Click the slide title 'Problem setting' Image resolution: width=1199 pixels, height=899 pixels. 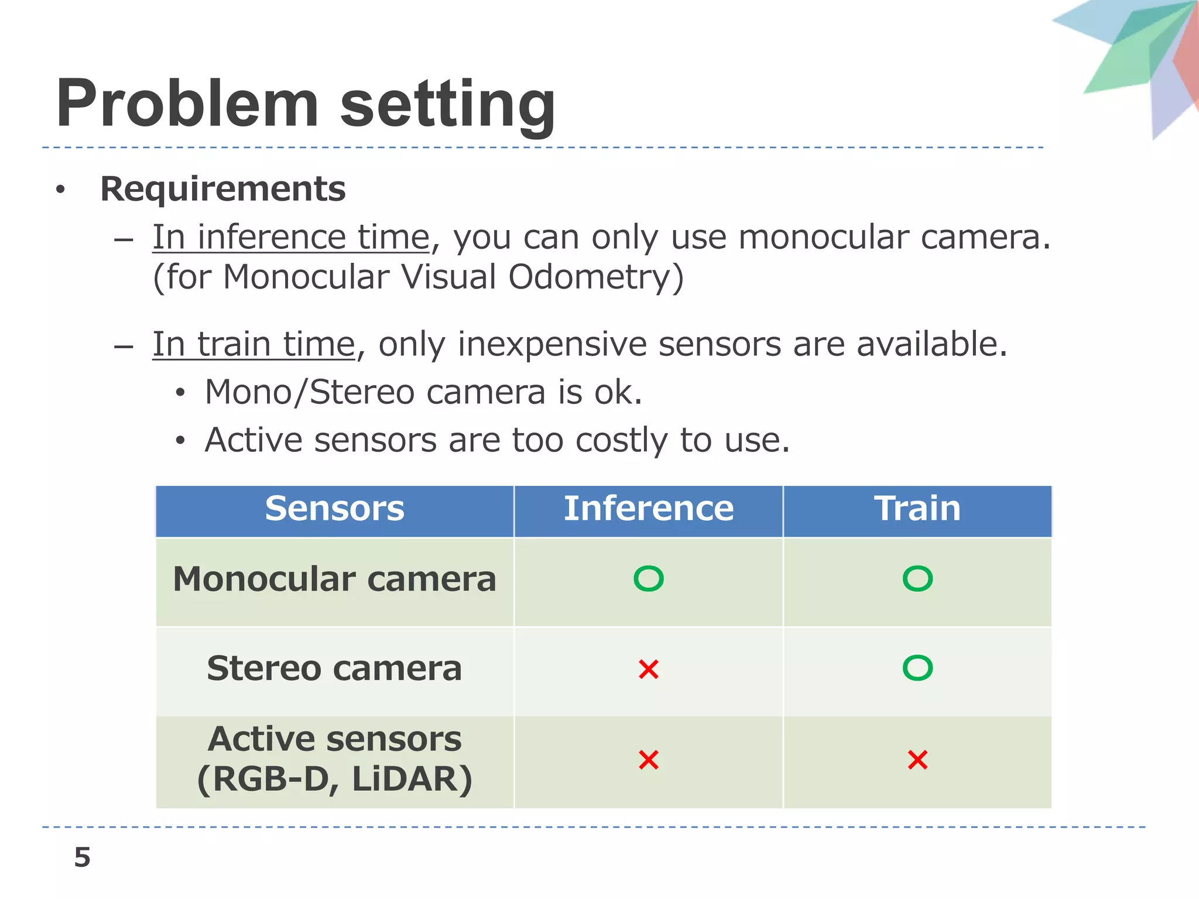pos(305,105)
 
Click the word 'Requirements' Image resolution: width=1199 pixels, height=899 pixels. pos(223,189)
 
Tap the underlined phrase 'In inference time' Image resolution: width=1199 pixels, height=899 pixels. pos(291,238)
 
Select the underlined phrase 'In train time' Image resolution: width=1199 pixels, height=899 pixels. pos(253,344)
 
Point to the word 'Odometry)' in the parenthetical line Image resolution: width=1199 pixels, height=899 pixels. pos(595,277)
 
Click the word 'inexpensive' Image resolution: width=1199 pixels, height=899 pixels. pos(551,344)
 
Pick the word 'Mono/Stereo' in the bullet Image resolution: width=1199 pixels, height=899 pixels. pos(310,392)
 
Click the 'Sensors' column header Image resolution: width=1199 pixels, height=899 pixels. pos(334,508)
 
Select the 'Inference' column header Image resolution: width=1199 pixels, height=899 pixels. pos(648,508)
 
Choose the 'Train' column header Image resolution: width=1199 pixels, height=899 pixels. pos(917,508)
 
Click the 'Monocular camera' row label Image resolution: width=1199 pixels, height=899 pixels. pos(334,579)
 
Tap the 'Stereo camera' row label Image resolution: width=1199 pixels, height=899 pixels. pos(334,668)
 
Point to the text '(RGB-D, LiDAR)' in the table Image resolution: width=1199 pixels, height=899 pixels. pos(334,779)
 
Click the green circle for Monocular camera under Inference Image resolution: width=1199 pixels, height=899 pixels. pos(648,579)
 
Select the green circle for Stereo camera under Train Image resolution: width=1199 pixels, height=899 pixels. pos(917,668)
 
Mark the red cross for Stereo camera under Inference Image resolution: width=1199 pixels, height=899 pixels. pos(649,669)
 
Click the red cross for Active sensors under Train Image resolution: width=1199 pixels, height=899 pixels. pos(917,760)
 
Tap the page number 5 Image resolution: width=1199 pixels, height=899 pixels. pos(83,857)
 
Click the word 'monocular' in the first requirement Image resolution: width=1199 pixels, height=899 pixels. pos(823,238)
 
